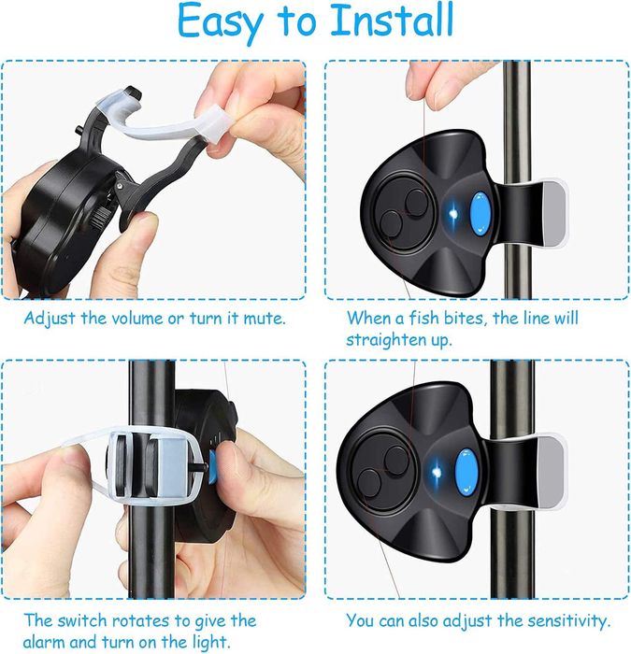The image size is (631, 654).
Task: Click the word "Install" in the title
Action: pyautogui.click(x=392, y=20)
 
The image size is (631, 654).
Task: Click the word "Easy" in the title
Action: pyautogui.click(x=221, y=23)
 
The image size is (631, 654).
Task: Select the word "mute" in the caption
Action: pyautogui.click(x=264, y=320)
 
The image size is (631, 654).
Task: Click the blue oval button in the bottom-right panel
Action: pyautogui.click(x=466, y=472)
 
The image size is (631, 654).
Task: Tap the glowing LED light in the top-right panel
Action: pyautogui.click(x=453, y=214)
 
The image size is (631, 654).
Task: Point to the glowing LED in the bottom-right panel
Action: pyautogui.click(x=437, y=473)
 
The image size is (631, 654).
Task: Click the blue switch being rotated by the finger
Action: pyautogui.click(x=212, y=467)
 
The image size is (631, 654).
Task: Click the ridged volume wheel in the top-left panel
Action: pyautogui.click(x=100, y=217)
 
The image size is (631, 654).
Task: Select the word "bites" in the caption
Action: pyautogui.click(x=465, y=319)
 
